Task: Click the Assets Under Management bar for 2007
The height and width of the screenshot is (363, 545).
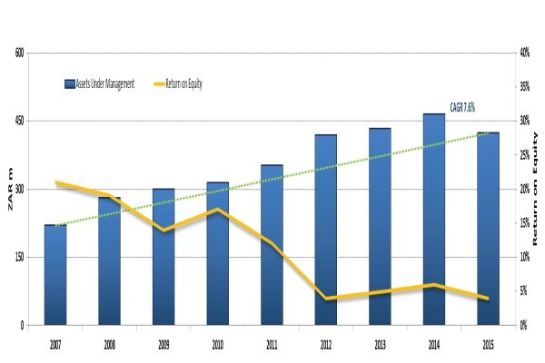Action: coord(55,275)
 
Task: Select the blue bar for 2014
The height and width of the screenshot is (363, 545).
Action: coord(434,220)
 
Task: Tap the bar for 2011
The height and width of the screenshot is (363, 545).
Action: coord(272,245)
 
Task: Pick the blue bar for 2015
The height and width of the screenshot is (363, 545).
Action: coord(488,229)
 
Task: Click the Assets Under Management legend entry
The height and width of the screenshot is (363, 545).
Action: coord(99,84)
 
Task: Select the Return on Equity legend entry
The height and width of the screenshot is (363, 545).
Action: coord(178,84)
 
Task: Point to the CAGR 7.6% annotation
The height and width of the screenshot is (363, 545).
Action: coord(462,108)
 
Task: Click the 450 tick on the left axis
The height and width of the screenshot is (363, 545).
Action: coord(20,122)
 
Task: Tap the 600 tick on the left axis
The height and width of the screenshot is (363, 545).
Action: coord(20,53)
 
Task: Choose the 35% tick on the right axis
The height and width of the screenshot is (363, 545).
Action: coord(524,86)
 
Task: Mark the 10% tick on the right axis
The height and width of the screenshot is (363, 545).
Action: coord(524,257)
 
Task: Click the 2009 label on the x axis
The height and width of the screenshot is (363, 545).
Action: coord(163,345)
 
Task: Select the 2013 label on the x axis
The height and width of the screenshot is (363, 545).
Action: coord(380,345)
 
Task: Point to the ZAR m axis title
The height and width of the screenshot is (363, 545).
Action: coord(10,189)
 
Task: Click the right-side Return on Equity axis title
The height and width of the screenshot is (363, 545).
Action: coord(535,189)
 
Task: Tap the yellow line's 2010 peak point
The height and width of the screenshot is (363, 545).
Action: coord(218,209)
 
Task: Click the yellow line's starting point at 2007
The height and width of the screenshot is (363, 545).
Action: coord(56,182)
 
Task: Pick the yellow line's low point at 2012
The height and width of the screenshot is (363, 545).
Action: coord(326,298)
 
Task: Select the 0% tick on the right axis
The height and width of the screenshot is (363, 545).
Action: coord(523,326)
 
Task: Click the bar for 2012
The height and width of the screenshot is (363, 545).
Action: coord(326,230)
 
